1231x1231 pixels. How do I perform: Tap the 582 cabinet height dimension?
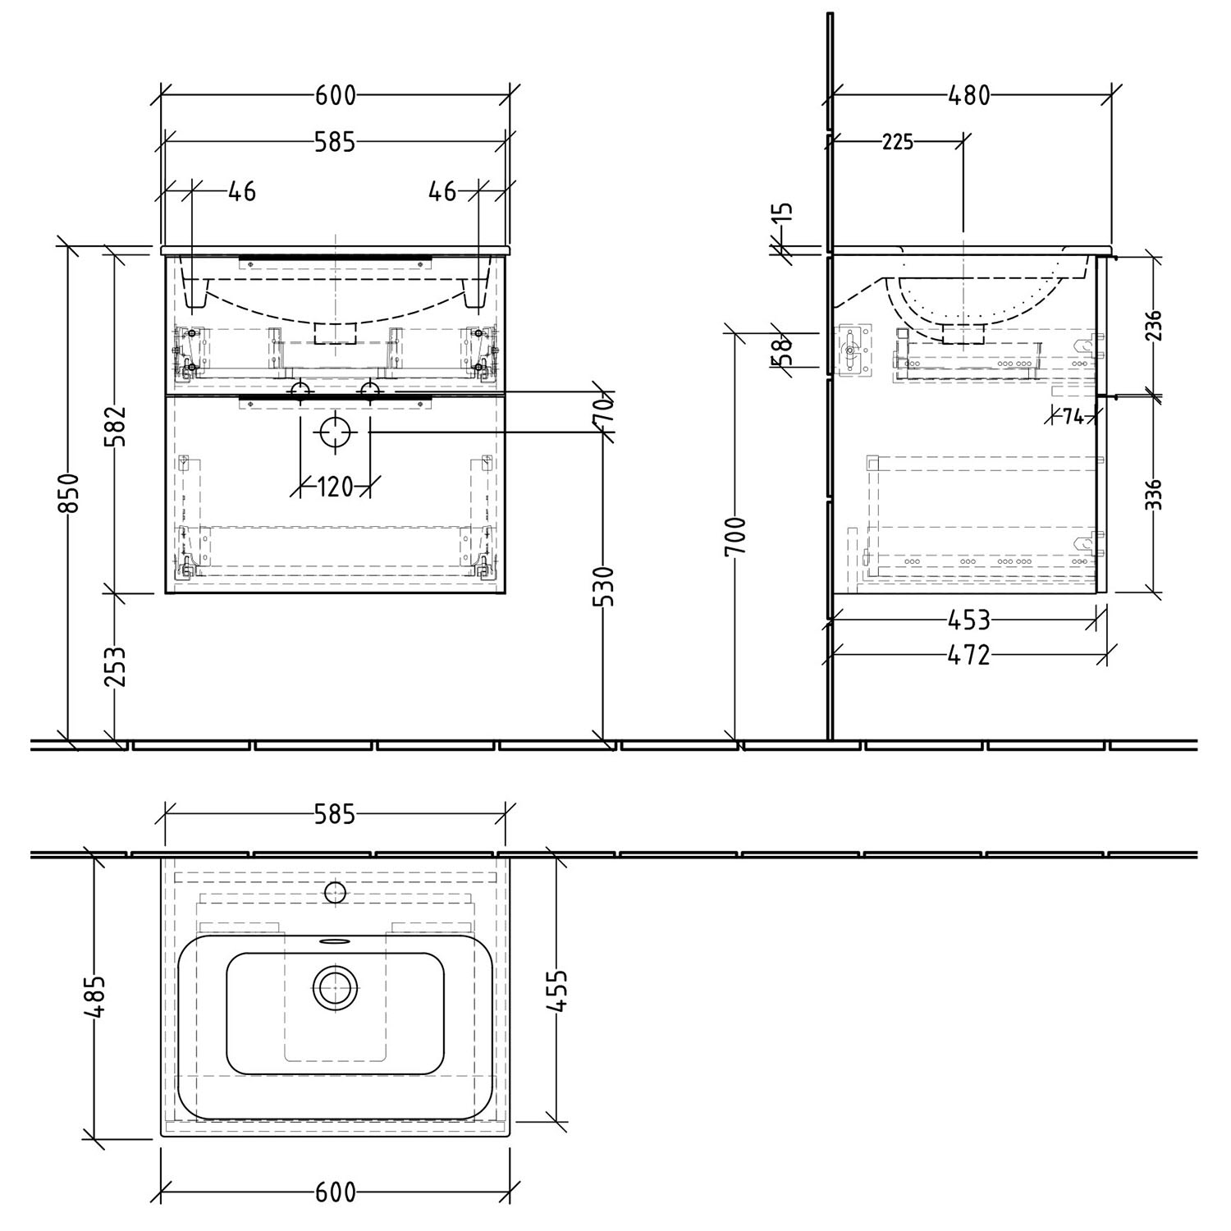pos(117,425)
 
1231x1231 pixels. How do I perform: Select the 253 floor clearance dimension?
pos(117,666)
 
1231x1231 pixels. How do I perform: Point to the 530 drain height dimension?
pos(604,585)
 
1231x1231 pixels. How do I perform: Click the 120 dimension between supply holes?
pos(334,487)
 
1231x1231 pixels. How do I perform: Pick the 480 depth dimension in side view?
pos(969,95)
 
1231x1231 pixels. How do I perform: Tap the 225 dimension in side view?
pos(897,142)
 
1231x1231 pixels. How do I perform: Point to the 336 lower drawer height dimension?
pos(1155,495)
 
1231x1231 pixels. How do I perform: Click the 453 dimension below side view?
pos(968,620)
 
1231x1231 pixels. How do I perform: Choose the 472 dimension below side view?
pos(969,655)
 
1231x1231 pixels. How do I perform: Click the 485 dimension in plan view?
pos(97,996)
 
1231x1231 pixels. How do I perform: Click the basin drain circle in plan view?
pos(335,987)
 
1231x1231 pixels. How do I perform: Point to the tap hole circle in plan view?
pos(335,892)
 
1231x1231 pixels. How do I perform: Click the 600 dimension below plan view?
pos(335,1192)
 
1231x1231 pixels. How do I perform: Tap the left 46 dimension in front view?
pos(241,191)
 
